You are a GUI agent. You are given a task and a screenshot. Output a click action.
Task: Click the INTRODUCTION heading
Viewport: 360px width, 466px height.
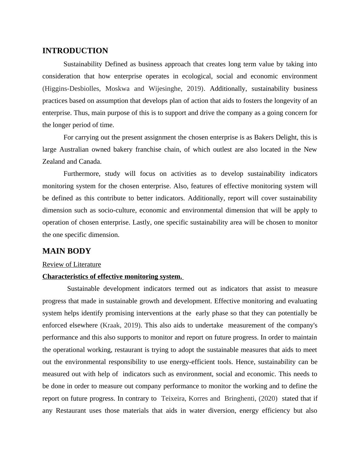75,51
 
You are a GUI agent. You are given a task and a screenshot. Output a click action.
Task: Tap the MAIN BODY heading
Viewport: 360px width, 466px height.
67,251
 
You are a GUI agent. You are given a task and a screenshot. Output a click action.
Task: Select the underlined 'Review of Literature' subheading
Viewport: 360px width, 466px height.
72,264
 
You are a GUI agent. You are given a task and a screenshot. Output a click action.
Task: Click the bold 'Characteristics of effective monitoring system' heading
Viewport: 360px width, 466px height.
112,277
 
